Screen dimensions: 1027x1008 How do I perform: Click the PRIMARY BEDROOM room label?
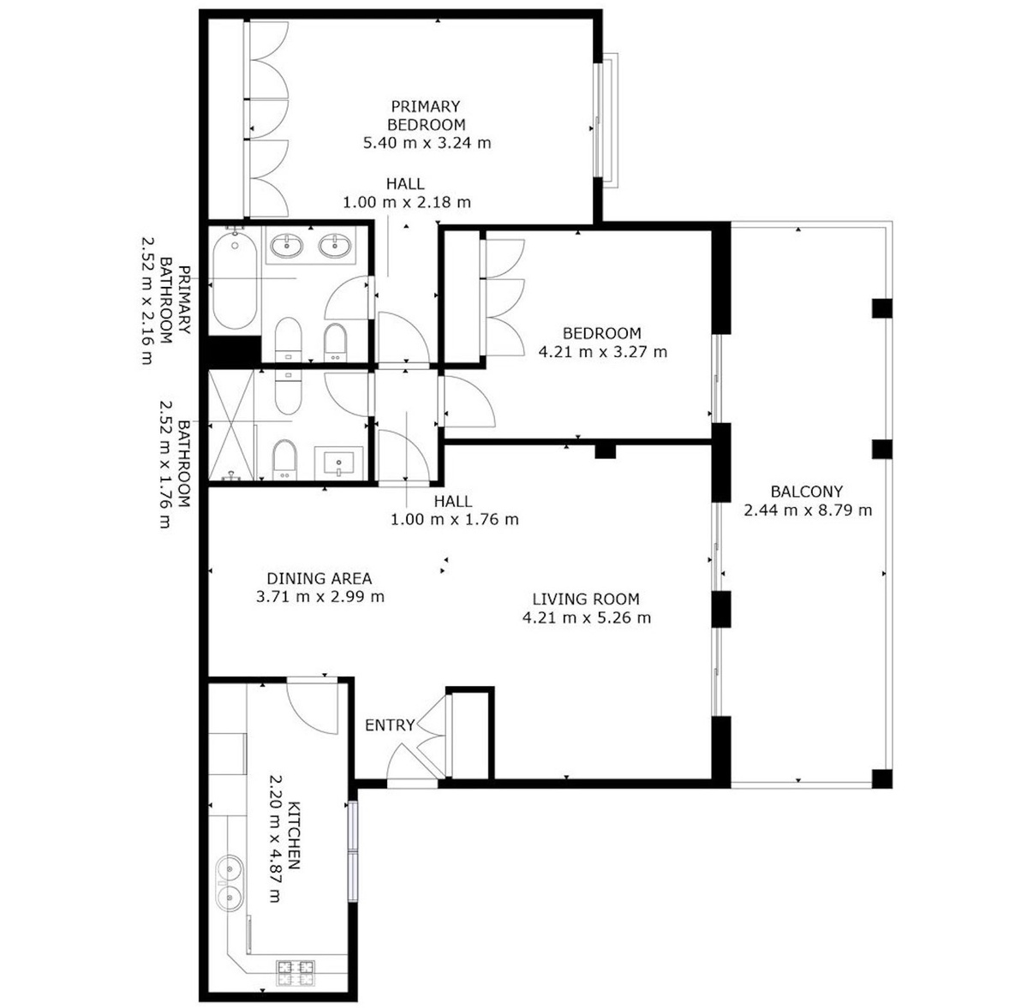(x=427, y=116)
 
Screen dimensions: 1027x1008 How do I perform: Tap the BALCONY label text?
(x=806, y=492)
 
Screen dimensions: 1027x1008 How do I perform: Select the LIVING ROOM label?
(x=586, y=599)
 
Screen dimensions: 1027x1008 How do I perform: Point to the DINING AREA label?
(x=319, y=578)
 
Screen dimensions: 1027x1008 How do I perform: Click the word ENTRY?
(x=390, y=725)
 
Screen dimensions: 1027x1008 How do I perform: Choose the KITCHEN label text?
(x=294, y=835)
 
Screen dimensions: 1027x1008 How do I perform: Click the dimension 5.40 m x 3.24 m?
(x=427, y=143)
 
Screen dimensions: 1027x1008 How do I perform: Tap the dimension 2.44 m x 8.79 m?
(x=808, y=510)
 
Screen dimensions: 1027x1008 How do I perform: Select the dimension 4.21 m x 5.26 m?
(x=587, y=617)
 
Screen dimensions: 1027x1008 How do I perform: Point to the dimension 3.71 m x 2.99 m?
(x=319, y=597)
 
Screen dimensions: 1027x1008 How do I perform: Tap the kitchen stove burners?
(x=296, y=973)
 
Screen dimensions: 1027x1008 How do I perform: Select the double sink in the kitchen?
(x=229, y=883)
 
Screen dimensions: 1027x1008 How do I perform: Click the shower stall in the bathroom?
(x=231, y=425)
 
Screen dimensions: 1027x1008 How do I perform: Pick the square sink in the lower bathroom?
(x=338, y=463)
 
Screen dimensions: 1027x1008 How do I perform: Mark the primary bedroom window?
(x=606, y=121)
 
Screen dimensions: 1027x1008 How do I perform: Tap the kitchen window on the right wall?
(x=353, y=851)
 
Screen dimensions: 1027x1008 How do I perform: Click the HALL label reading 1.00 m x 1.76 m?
(x=454, y=510)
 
